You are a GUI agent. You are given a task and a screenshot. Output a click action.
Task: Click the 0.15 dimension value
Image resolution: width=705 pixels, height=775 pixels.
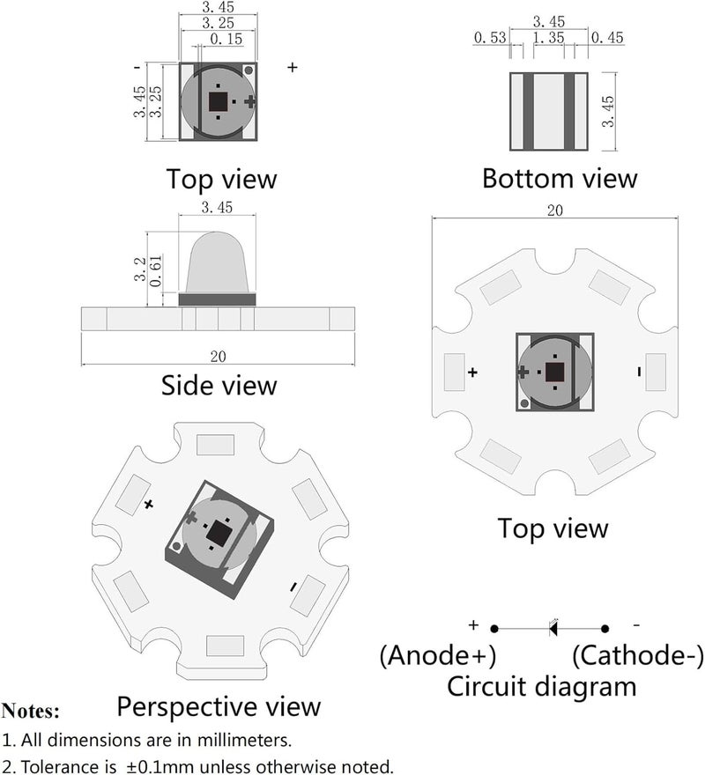pyautogui.click(x=226, y=39)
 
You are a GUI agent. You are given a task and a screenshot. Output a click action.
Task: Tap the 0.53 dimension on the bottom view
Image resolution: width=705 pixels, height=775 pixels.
pyautogui.click(x=490, y=38)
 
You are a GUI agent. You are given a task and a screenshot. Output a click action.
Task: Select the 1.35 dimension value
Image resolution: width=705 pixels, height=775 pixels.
pyautogui.click(x=549, y=38)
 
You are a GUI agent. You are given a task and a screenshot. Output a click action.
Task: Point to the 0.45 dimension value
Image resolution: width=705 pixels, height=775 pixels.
pyautogui.click(x=607, y=38)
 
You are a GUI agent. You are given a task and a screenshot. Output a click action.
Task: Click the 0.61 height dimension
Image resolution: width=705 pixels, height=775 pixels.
pyautogui.click(x=155, y=271)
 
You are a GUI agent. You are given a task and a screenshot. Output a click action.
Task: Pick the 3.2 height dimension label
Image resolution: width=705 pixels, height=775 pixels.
pyautogui.click(x=140, y=269)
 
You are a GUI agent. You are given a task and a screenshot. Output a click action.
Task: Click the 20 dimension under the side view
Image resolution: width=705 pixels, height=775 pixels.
pyautogui.click(x=219, y=357)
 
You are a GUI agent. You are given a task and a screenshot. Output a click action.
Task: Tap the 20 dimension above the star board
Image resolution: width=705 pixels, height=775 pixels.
pyautogui.click(x=554, y=210)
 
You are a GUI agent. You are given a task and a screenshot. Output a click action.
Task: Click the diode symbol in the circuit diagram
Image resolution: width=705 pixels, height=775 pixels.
pyautogui.click(x=553, y=628)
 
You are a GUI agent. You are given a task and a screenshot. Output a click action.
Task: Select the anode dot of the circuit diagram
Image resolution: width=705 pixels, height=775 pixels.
pyautogui.click(x=493, y=629)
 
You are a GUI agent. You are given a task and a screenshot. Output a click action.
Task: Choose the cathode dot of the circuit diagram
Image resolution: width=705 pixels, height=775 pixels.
pyautogui.click(x=605, y=629)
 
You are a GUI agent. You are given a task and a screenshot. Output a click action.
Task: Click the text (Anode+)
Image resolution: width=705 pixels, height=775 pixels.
pyautogui.click(x=438, y=655)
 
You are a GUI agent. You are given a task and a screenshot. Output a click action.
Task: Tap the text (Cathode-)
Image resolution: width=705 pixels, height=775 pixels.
pyautogui.click(x=637, y=655)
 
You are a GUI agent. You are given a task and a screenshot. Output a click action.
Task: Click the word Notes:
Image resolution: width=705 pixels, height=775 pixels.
pyautogui.click(x=31, y=711)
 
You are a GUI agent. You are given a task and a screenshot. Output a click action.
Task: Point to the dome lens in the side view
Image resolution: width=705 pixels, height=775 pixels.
pyautogui.click(x=217, y=262)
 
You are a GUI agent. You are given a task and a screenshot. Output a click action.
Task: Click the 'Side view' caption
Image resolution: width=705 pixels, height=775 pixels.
pyautogui.click(x=219, y=386)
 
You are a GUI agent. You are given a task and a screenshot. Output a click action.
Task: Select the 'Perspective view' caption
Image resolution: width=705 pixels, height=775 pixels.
pyautogui.click(x=219, y=707)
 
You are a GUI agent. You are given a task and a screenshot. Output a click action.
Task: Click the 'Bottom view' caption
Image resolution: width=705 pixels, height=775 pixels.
pyautogui.click(x=560, y=178)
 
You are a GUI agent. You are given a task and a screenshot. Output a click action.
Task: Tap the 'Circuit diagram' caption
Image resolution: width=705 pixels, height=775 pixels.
pyautogui.click(x=542, y=687)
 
